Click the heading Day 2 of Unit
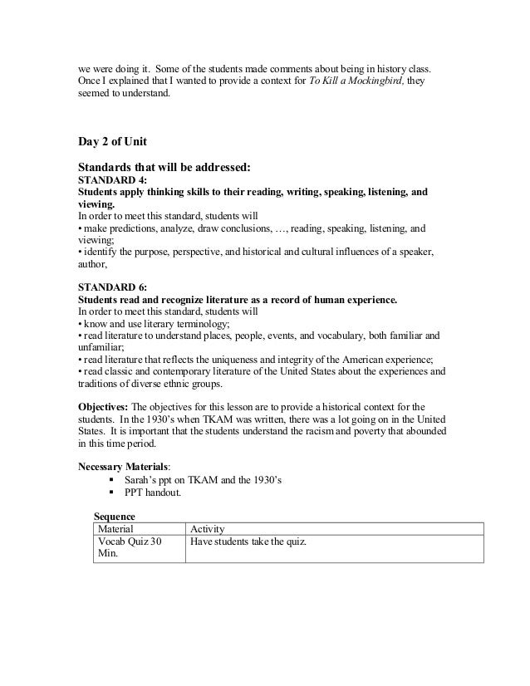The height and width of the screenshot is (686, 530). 112,142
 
